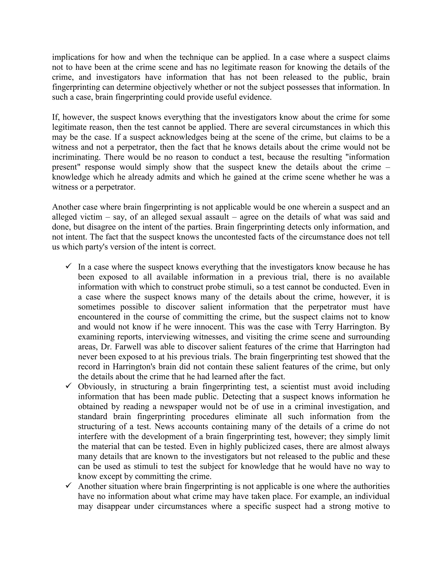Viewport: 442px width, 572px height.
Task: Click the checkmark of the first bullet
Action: [69, 266]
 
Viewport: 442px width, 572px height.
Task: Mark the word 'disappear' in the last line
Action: [113, 506]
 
